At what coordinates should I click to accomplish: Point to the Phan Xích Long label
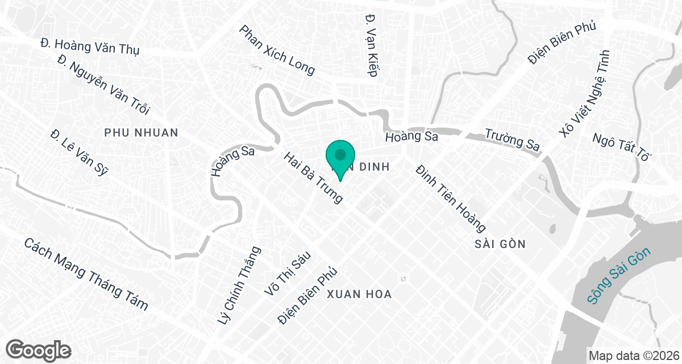click(x=277, y=49)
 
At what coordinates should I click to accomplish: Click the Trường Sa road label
click(x=511, y=140)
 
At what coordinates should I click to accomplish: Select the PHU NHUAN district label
click(x=142, y=133)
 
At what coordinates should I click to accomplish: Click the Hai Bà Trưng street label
click(x=314, y=177)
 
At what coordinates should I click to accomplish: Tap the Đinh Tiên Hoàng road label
click(x=450, y=198)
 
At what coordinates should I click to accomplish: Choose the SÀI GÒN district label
click(x=500, y=244)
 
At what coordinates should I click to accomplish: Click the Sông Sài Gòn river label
click(x=619, y=276)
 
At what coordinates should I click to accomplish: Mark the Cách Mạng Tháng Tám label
click(x=86, y=274)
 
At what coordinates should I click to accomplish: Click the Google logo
click(x=39, y=349)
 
